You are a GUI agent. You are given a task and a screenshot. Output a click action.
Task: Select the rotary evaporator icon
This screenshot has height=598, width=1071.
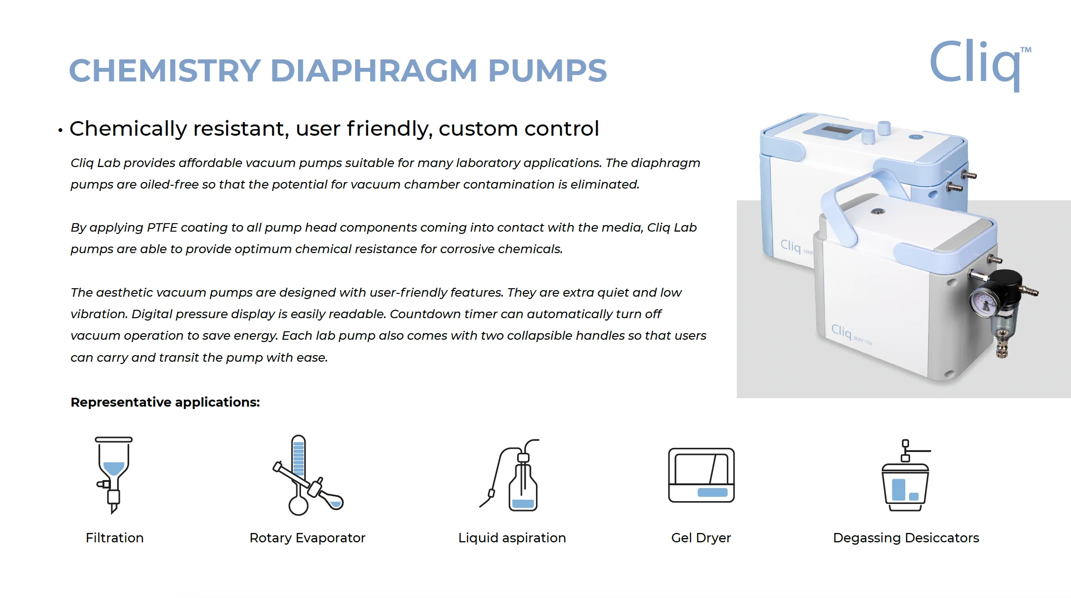pyautogui.click(x=308, y=475)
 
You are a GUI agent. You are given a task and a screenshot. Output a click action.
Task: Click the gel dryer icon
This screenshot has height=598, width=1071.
pyautogui.click(x=701, y=475)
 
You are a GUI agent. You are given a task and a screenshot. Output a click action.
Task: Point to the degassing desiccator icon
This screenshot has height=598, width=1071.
pyautogui.click(x=906, y=475)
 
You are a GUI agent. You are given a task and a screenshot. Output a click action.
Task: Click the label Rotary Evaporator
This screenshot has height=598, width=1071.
pyautogui.click(x=307, y=538)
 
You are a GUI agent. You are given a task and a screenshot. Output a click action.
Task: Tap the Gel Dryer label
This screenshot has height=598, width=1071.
pyautogui.click(x=701, y=538)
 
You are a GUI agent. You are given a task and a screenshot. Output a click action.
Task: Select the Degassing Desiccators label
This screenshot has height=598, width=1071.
pyautogui.click(x=906, y=538)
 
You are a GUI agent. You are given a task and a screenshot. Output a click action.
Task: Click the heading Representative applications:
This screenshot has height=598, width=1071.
pyautogui.click(x=165, y=402)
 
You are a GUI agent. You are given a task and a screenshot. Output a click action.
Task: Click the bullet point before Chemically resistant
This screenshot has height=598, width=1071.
pyautogui.click(x=60, y=130)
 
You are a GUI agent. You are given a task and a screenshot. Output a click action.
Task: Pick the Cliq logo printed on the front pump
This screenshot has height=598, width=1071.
pyautogui.click(x=841, y=331)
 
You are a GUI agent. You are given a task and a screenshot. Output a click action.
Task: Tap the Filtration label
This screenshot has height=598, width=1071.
pyautogui.click(x=115, y=538)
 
